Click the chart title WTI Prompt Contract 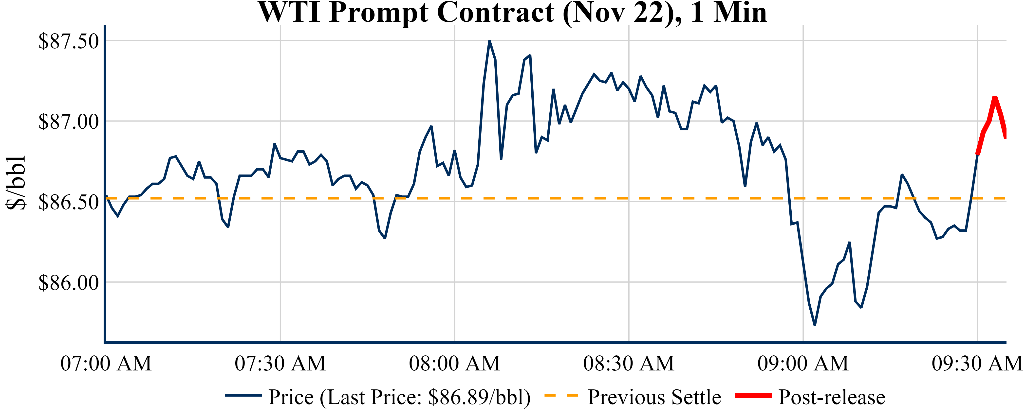(x=513, y=13)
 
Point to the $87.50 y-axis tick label (x=68, y=41)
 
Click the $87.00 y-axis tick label (x=68, y=122)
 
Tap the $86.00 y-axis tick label (x=68, y=283)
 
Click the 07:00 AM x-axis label (x=106, y=363)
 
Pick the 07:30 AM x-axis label (x=280, y=363)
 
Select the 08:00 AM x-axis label (x=454, y=363)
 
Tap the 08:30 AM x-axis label (x=629, y=363)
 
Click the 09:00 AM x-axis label (x=803, y=363)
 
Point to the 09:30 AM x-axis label (x=977, y=363)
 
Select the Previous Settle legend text (x=654, y=397)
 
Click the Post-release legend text (x=832, y=397)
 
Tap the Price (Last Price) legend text (x=399, y=397)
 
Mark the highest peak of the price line (x=489, y=41)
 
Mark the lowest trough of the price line (x=815, y=325)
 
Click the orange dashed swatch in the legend (x=561, y=396)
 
